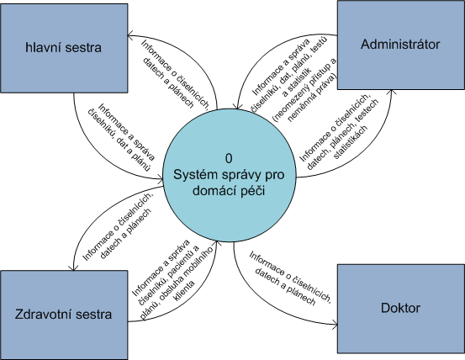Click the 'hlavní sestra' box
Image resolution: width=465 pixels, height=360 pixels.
(x=64, y=48)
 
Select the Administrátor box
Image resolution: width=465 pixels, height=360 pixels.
(x=401, y=45)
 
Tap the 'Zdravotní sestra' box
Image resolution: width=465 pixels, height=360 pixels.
(x=64, y=315)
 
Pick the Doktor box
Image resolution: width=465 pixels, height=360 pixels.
(x=401, y=309)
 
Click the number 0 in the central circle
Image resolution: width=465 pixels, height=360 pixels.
(x=229, y=159)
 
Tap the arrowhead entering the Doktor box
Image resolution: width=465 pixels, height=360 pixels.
(x=335, y=324)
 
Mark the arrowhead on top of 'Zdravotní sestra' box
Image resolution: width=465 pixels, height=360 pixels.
(x=73, y=267)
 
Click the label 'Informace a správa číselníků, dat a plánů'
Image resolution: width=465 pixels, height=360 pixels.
(x=122, y=137)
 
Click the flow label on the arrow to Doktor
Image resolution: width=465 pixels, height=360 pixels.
(x=289, y=278)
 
